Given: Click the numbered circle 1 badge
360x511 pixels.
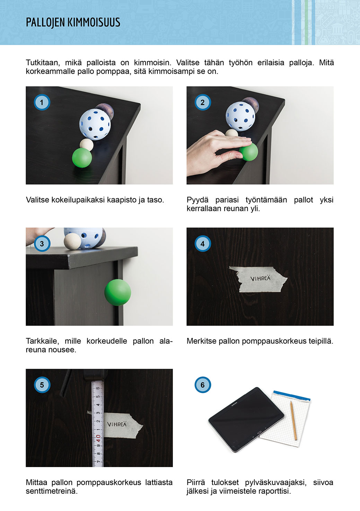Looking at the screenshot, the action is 42,102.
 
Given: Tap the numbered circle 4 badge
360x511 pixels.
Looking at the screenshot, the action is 202,243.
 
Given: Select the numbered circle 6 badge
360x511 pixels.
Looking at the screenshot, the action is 202,385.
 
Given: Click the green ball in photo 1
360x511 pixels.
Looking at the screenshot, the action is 82,158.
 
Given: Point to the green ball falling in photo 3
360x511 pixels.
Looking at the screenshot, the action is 118,293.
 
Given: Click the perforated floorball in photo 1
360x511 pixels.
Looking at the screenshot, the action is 95,124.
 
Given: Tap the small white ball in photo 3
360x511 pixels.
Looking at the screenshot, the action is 72,241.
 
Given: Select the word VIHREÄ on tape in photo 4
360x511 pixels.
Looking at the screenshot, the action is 260,278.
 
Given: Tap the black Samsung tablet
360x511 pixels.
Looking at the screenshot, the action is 246,419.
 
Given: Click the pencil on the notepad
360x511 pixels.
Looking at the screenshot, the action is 293,420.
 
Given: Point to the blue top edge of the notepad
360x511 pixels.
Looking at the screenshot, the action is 291,396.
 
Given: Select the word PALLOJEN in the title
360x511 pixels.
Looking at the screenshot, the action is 45,23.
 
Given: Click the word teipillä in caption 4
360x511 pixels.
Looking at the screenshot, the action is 321,341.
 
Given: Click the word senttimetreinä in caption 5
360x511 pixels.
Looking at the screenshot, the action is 52,491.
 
